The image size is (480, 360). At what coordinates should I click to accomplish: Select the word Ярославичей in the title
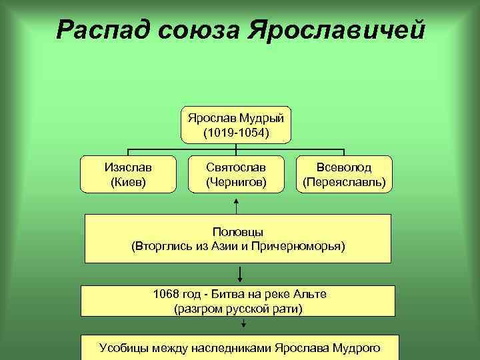336,29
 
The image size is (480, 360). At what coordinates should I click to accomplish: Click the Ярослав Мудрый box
236,125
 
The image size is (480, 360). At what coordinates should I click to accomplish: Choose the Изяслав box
128,173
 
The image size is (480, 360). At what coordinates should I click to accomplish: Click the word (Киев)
128,181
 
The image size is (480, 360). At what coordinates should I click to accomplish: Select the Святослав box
236,173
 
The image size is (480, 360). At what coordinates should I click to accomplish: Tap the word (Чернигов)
236,181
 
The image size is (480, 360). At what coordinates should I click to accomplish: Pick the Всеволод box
344,173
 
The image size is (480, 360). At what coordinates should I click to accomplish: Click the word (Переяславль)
344,181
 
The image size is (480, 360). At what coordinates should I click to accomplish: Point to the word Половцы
238,231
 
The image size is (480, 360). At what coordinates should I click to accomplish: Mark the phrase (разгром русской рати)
238,308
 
